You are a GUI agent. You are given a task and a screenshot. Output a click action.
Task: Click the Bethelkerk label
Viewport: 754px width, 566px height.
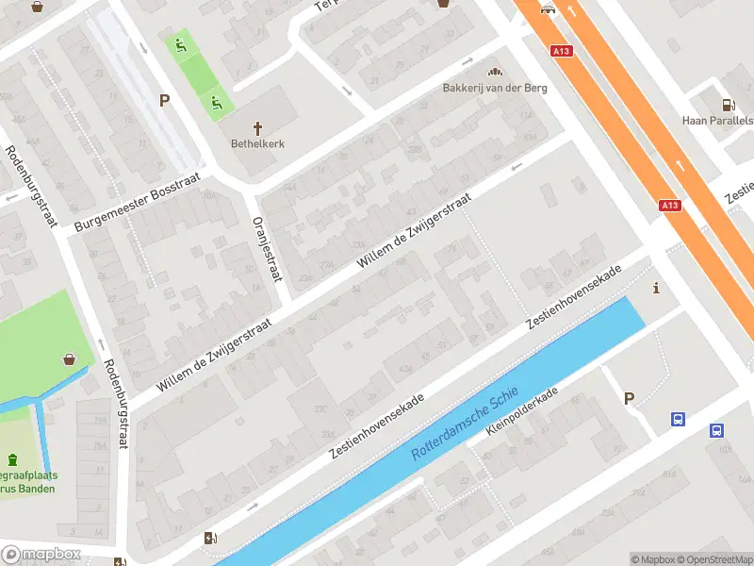(257, 144)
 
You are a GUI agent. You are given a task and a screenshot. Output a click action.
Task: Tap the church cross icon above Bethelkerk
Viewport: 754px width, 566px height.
(257, 127)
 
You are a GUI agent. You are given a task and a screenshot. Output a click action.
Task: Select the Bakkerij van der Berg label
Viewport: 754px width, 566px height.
(495, 89)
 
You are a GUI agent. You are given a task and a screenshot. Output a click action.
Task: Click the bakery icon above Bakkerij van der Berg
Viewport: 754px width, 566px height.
(495, 72)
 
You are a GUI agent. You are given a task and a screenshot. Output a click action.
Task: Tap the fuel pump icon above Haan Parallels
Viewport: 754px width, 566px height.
(728, 105)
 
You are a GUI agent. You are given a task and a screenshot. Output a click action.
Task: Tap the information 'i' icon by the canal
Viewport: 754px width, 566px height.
(656, 289)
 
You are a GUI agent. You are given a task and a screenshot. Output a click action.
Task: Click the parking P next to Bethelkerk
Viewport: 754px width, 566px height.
(164, 101)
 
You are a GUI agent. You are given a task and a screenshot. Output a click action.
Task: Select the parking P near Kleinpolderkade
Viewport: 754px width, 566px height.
(629, 398)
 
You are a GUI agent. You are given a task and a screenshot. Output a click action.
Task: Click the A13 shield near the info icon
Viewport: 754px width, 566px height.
(669, 206)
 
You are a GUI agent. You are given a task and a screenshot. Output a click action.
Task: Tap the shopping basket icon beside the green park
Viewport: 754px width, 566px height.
(69, 359)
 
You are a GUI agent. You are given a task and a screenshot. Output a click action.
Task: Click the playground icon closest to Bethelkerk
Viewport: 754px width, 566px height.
(216, 102)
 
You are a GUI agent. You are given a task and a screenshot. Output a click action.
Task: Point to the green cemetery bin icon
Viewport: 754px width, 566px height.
(12, 459)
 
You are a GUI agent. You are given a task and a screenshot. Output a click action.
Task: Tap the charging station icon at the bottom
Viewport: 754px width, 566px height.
(209, 539)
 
